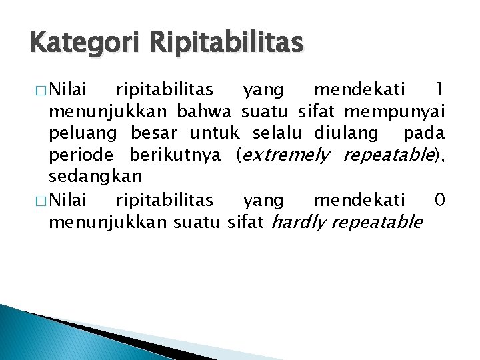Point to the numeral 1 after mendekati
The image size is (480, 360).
tap(438, 89)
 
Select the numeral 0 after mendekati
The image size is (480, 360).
tap(439, 199)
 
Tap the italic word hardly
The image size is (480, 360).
tap(299, 221)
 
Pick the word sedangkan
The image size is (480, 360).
tap(95, 177)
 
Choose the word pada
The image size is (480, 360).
tap(424, 133)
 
